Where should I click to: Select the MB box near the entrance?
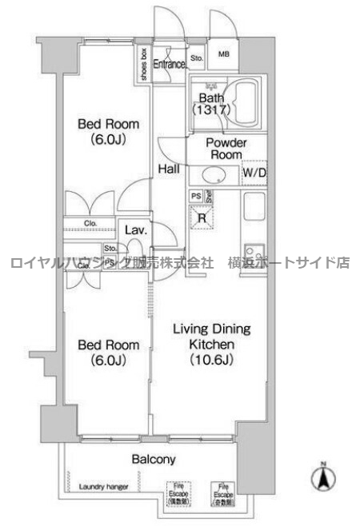click(x=223, y=56)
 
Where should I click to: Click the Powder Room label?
click(x=226, y=149)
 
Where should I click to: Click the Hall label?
click(x=168, y=169)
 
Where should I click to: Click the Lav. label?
click(x=134, y=229)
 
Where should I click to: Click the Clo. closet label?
click(x=90, y=224)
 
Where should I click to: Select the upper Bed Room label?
click(x=108, y=130)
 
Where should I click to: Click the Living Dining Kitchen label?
click(x=212, y=336)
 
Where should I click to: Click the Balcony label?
click(x=154, y=460)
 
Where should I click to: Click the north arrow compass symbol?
click(x=322, y=479)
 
